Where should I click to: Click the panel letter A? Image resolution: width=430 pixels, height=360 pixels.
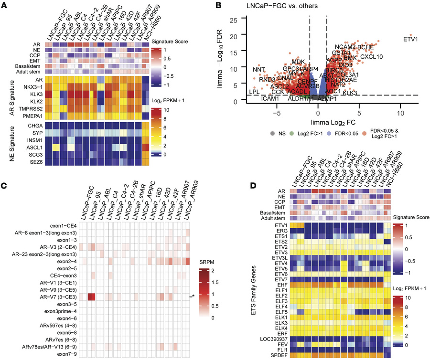(x=4, y=4)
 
